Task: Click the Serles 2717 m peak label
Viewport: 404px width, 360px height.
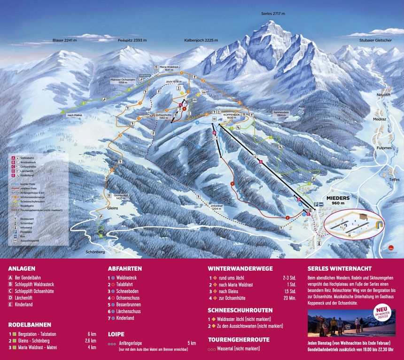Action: [273, 14]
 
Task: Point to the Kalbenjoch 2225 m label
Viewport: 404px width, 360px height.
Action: [201, 40]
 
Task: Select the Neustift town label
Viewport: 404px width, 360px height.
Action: [384, 95]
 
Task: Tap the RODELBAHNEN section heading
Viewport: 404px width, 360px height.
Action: [30, 324]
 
